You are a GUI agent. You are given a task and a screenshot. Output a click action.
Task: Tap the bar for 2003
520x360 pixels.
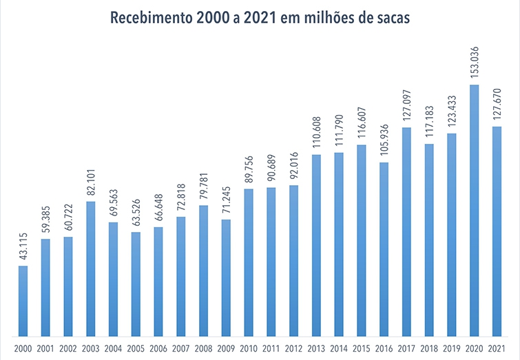(91, 268)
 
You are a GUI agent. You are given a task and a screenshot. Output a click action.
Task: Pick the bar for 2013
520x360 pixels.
(316, 245)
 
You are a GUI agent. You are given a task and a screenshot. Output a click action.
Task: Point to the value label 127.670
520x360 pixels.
(497, 105)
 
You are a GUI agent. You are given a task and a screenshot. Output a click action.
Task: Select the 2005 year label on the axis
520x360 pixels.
(136, 348)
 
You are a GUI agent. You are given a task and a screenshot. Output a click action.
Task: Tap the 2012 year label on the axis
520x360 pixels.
(294, 348)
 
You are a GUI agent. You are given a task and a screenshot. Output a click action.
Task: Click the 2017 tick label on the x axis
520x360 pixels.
(407, 348)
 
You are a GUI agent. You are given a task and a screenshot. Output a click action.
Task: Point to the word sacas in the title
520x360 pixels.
(391, 19)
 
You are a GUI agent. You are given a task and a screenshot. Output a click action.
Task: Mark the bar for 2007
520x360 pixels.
(181, 276)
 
